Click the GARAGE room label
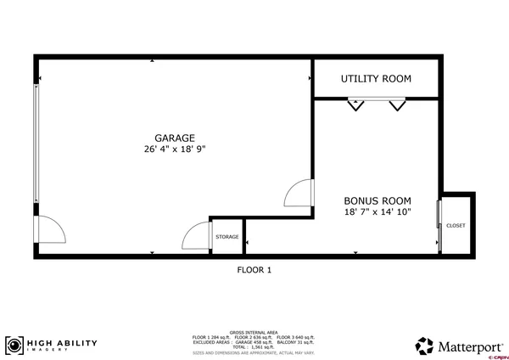coord(175,138)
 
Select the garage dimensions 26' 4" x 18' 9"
coord(175,149)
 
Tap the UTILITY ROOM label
coord(376,79)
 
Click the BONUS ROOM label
coord(378,201)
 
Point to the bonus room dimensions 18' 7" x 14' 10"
coord(378,212)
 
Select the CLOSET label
coord(456,226)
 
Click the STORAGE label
coord(227,237)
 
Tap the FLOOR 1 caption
coord(254,271)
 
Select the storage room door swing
coord(197,235)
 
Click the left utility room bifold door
coord(355,104)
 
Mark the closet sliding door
coord(439,225)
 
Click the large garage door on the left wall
coord(36,144)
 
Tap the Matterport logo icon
coord(424,346)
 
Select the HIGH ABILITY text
coord(63,344)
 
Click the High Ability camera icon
coord(14,346)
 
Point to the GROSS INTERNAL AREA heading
coord(254,333)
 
